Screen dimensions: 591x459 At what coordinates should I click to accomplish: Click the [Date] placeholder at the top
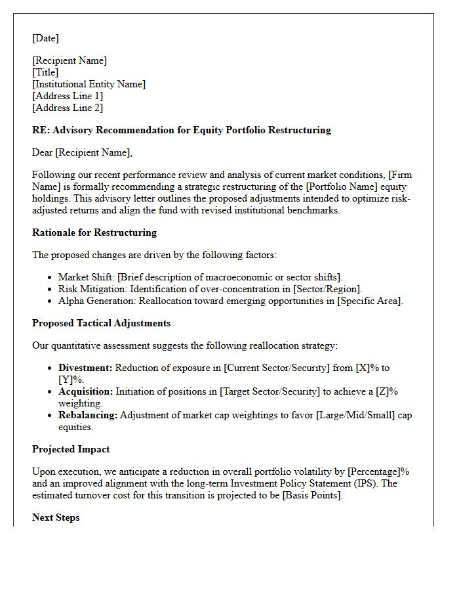click(45, 38)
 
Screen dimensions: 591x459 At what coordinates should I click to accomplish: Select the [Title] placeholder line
click(45, 72)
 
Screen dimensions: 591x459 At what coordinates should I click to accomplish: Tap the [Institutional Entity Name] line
click(89, 84)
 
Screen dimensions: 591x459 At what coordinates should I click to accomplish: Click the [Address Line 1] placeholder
click(68, 96)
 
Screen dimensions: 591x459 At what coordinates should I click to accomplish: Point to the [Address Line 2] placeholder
click(68, 108)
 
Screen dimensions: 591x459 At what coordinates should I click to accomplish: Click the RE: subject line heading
click(182, 130)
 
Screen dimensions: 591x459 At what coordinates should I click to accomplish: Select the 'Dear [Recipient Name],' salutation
click(82, 152)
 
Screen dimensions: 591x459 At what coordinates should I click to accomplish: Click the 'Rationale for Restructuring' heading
click(94, 232)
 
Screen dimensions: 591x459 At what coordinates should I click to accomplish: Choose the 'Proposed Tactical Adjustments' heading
click(101, 323)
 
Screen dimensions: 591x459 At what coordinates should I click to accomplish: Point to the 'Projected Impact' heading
click(71, 449)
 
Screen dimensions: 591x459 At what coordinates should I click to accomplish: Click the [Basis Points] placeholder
click(309, 495)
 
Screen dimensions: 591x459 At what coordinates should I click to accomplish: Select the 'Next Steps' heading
click(56, 517)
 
